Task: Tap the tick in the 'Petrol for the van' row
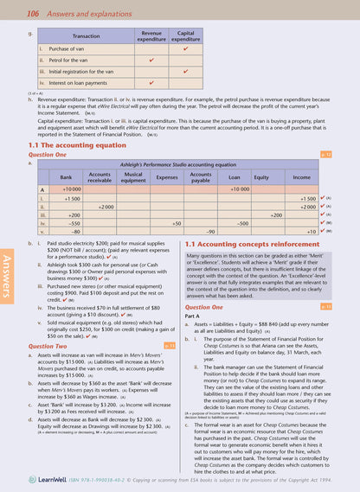click(x=151, y=61)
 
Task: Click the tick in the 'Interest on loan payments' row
click(x=151, y=83)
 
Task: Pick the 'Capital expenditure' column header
click(x=186, y=36)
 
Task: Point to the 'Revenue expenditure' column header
click(x=151, y=36)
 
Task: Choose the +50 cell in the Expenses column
click(x=176, y=223)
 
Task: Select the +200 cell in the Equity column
click(x=275, y=214)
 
